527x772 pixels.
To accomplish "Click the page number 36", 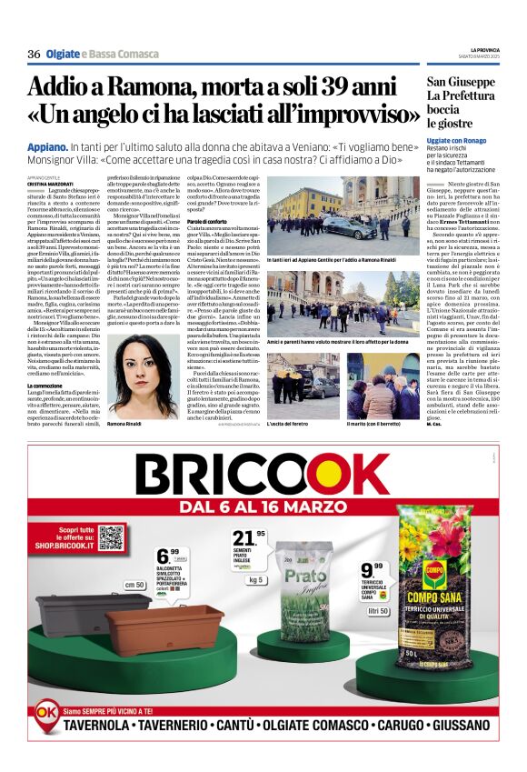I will [34, 55].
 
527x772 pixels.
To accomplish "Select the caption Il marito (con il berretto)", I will [374, 425].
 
